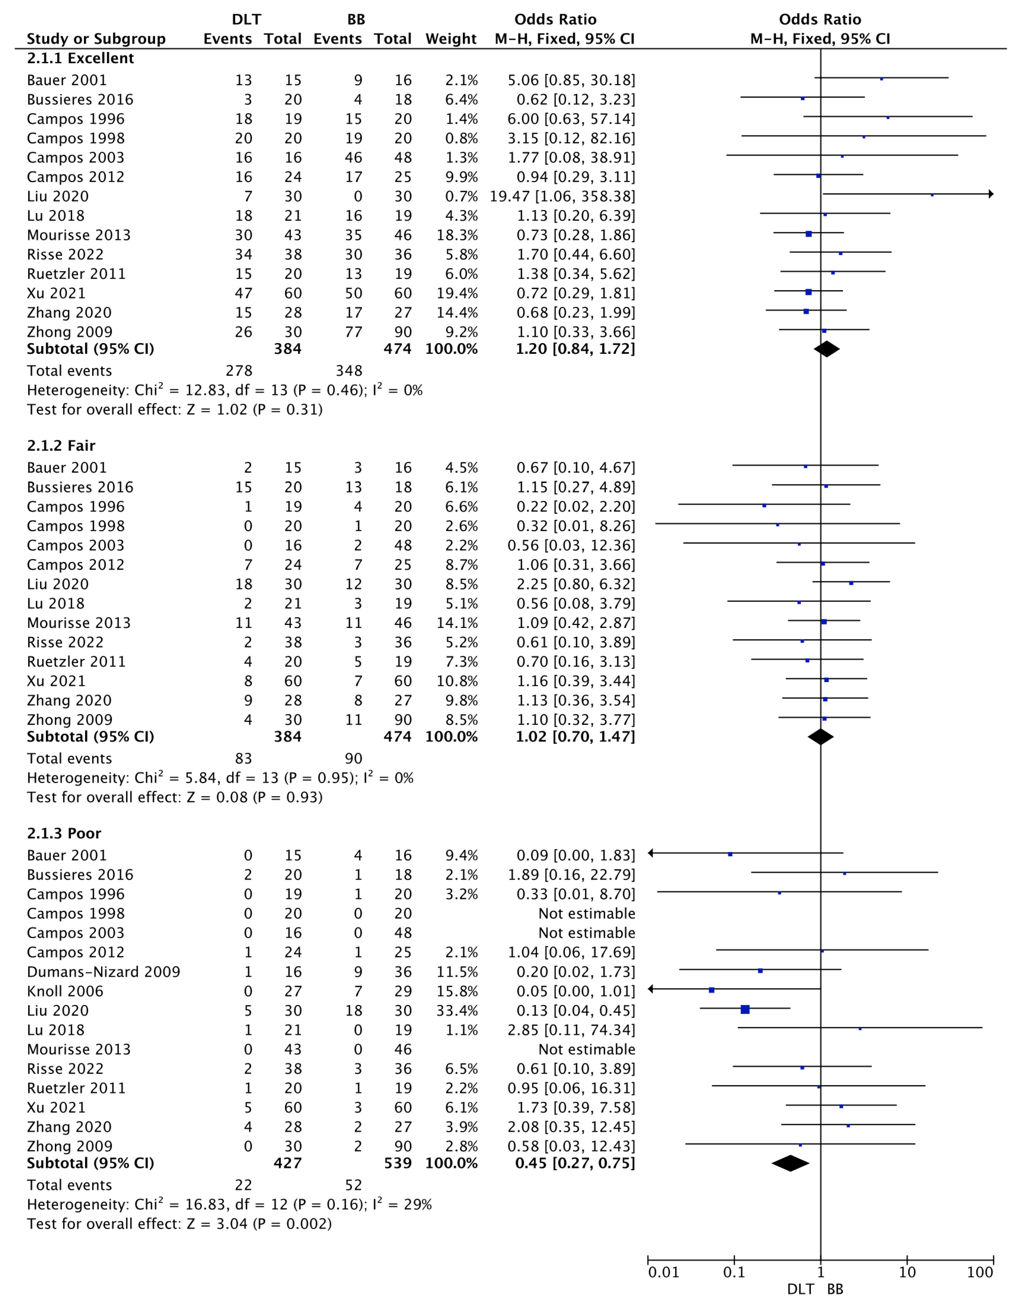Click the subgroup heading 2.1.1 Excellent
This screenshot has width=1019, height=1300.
click(81, 59)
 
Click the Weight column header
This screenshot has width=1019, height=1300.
click(451, 39)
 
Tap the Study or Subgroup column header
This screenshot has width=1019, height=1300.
click(96, 39)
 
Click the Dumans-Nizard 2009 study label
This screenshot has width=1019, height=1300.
click(103, 972)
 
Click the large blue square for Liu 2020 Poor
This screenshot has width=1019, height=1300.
click(745, 1009)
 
